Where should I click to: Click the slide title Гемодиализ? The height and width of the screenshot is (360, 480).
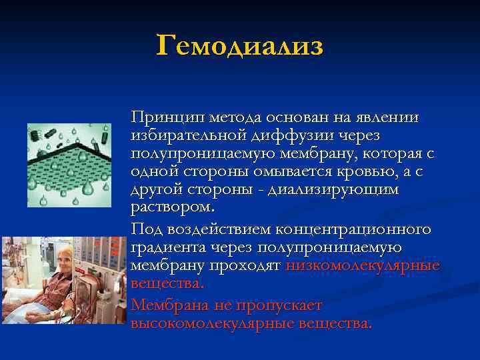click(239, 46)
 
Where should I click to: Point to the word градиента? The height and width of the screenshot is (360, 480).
click(167, 247)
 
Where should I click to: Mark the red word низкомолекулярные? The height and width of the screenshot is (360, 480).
click(353, 266)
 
